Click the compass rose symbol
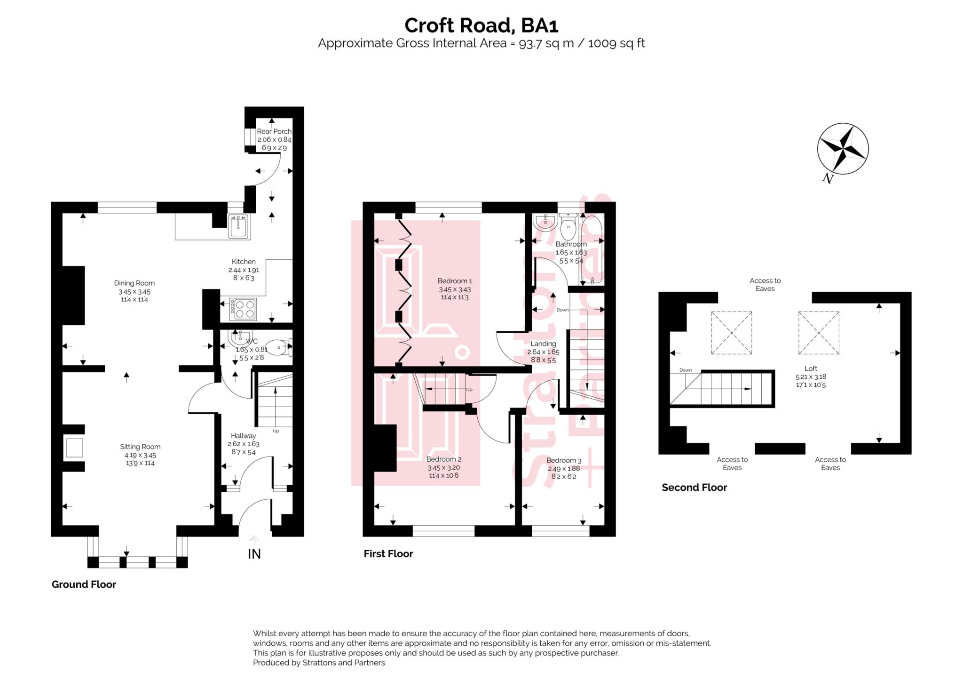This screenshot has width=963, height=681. [843, 149]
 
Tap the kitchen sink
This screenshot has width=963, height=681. [239, 227]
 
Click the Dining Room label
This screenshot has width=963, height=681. [134, 283]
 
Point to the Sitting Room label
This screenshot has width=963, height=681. [140, 447]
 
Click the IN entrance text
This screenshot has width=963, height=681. [254, 554]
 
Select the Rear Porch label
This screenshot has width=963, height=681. [274, 131]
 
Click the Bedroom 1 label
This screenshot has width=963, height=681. [454, 281]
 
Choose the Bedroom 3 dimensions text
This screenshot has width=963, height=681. [564, 473]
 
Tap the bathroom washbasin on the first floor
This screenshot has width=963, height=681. [545, 222]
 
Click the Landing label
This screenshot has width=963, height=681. [543, 344]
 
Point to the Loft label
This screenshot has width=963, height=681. [811, 369]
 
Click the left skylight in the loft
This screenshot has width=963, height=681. [731, 333]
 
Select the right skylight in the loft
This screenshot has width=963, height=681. [819, 333]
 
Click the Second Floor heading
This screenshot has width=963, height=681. [694, 488]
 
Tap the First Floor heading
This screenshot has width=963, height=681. [388, 554]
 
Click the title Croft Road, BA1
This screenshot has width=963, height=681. [481, 25]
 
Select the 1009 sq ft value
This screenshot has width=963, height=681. [616, 43]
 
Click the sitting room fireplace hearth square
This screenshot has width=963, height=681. [74, 448]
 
